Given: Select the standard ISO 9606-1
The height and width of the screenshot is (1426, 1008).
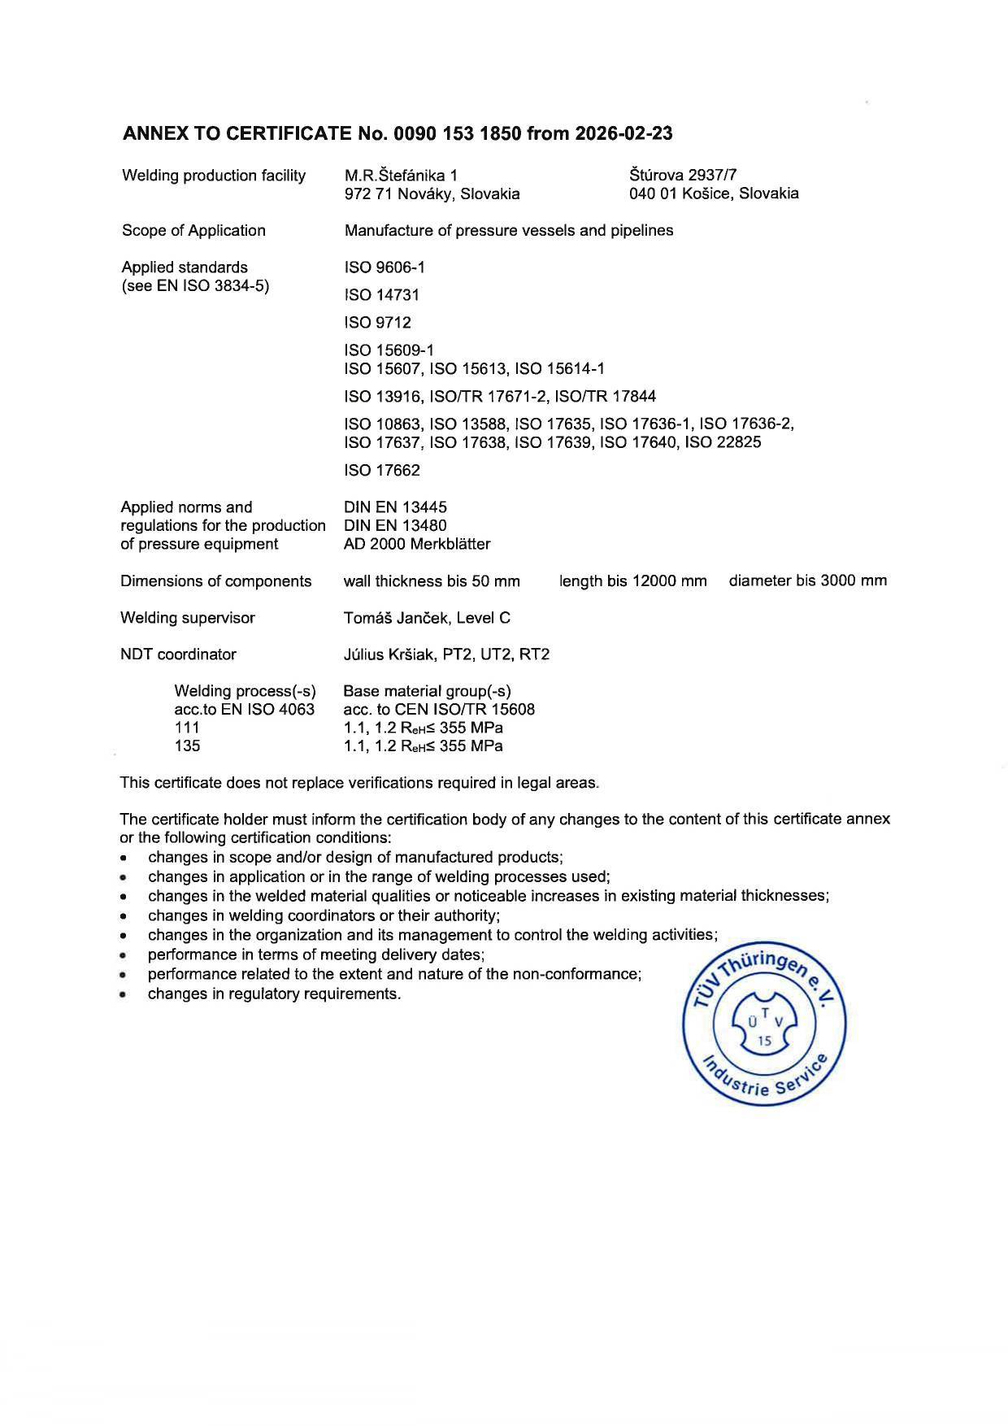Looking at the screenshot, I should click(385, 267).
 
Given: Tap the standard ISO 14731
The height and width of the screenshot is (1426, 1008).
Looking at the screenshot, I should click(382, 295).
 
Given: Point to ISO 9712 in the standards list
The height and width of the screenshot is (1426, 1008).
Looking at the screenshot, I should click(378, 323).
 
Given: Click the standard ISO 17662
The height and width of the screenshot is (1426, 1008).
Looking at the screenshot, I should click(382, 471).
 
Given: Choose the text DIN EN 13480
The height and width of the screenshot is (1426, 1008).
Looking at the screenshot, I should click(396, 525).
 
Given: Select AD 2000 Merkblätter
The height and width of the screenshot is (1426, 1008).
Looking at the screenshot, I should click(417, 544).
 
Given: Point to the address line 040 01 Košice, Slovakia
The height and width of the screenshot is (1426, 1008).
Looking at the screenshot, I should click(714, 193).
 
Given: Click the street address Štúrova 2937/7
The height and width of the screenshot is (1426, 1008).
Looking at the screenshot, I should click(683, 175).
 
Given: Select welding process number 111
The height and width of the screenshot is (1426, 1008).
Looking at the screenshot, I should click(187, 728).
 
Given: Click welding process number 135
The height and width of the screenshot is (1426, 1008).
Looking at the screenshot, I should click(187, 746).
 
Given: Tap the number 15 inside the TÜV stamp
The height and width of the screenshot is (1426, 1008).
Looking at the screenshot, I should click(765, 1041).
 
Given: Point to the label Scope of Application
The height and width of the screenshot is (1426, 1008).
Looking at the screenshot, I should click(193, 231).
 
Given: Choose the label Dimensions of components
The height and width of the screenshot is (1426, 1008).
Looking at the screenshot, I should click(216, 581).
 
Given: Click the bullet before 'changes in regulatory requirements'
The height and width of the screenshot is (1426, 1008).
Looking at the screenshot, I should click(123, 994).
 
